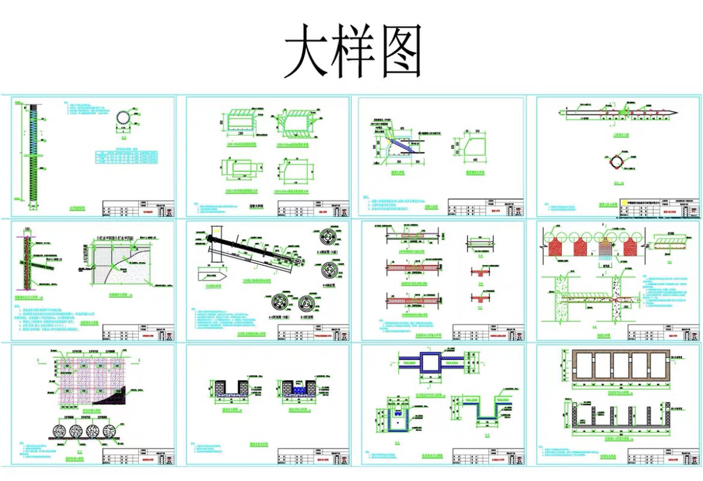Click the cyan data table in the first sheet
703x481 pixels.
[126, 158]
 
